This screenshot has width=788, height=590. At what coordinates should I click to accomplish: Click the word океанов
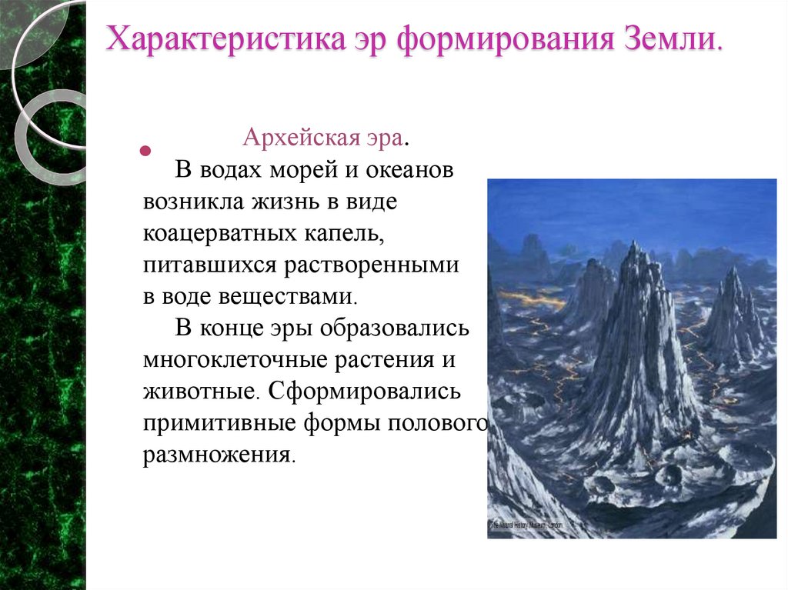[x=411, y=170]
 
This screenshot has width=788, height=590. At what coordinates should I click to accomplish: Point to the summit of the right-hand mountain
[x=732, y=271]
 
